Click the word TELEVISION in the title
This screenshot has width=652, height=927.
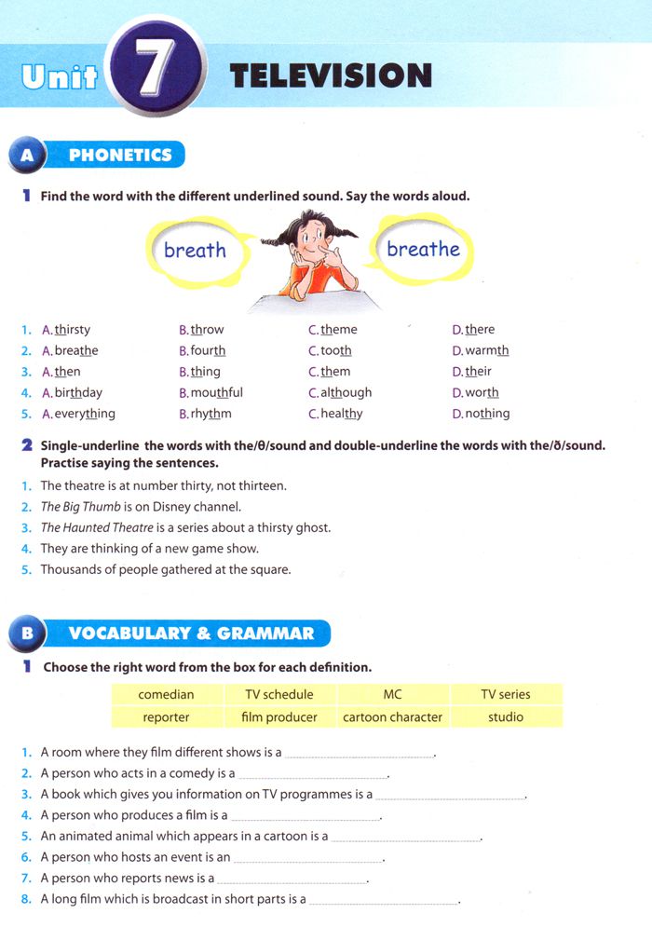click(x=331, y=75)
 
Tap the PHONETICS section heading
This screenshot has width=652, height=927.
click(x=120, y=156)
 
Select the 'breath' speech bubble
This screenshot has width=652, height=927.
click(x=195, y=251)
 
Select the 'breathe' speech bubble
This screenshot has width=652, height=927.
click(x=423, y=250)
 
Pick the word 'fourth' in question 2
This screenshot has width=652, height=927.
click(x=208, y=351)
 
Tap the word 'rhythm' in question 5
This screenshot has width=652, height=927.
click(x=211, y=414)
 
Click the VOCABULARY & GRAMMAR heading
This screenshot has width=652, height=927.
click(x=191, y=634)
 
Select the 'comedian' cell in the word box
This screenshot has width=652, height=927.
click(x=166, y=694)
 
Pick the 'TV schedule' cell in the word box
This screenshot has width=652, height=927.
click(x=278, y=694)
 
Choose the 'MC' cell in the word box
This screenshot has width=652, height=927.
click(x=392, y=694)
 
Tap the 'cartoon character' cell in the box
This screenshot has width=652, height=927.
click(x=392, y=717)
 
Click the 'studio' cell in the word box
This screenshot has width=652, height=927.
click(x=506, y=717)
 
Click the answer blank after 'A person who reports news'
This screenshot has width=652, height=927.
click(x=292, y=879)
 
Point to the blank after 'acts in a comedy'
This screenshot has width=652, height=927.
click(x=312, y=774)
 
